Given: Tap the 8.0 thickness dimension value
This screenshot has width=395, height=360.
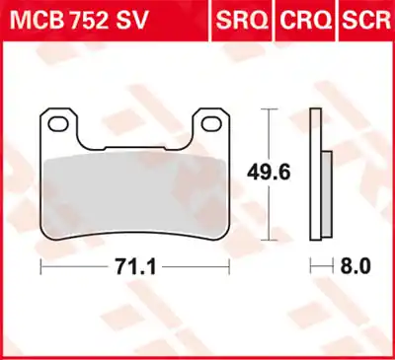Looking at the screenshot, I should click(355, 265).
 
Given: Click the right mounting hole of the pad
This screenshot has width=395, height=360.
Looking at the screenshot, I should click(212, 123).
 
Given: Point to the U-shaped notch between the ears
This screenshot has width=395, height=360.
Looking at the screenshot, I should click(135, 133).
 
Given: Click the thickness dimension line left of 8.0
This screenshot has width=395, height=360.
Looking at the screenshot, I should click(321, 266).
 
